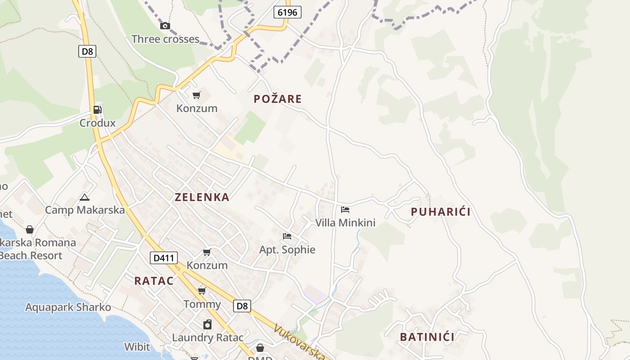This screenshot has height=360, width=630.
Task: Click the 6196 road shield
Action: [x=287, y=12]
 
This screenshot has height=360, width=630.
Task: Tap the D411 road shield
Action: [x=163, y=258]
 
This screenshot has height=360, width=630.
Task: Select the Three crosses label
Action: [x=165, y=39]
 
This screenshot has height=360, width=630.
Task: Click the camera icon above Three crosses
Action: [x=165, y=26]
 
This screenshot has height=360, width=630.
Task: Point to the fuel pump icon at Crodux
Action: [x=97, y=109]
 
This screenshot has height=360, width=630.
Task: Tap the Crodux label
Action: [x=98, y=123]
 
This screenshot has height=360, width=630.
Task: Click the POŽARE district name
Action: [x=278, y=99]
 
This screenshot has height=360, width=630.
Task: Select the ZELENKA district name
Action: [x=202, y=197]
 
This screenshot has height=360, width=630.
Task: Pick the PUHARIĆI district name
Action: [x=441, y=212]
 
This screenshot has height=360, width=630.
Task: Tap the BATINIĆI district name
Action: [x=427, y=337]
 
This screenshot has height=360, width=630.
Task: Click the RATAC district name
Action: [x=154, y=281]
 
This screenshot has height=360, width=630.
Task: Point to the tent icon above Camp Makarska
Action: [x=85, y=197]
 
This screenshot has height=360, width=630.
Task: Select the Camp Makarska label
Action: [x=85, y=210]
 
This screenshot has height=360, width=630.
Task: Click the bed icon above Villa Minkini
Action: [x=345, y=209]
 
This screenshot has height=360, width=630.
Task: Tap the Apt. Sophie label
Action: [x=287, y=250]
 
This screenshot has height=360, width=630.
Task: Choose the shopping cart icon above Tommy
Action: [x=202, y=291]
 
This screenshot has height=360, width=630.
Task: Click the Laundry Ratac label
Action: [x=208, y=337]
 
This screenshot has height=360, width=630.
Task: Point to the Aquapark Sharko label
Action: [x=68, y=307]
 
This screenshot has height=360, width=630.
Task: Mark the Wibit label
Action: [x=137, y=347]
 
